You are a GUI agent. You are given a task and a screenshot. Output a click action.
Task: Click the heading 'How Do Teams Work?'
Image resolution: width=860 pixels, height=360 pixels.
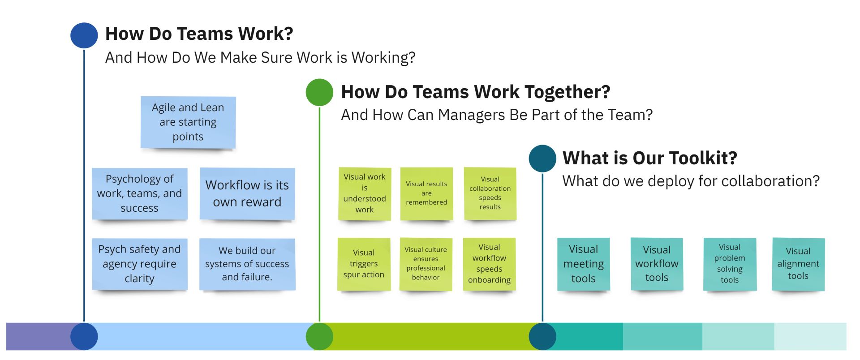coord(199,34)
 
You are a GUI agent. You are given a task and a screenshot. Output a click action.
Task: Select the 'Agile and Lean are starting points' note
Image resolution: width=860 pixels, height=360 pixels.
coord(188,122)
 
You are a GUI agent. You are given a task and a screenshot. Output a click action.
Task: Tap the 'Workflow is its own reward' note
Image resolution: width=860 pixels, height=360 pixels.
coord(247,193)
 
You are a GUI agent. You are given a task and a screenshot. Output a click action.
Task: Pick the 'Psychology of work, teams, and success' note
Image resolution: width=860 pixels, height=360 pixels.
coord(140,193)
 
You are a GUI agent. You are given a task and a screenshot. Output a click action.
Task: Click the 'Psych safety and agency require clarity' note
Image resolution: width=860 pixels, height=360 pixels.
coord(140,264)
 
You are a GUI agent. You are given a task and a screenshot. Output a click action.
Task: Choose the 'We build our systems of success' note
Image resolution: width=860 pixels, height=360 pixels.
coord(247,264)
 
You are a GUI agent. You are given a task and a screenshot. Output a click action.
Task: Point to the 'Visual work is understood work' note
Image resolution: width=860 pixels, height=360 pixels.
coord(365,194)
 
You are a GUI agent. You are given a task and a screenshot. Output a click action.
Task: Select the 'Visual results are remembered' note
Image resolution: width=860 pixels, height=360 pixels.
coord(426,194)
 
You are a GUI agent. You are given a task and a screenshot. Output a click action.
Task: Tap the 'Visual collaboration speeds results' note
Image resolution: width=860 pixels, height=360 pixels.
coord(490,194)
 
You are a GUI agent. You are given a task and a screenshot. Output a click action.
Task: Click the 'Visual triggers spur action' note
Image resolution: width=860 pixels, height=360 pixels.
coord(364,264)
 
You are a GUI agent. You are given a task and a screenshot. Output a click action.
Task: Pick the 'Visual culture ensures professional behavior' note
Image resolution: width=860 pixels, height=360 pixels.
coord(426,264)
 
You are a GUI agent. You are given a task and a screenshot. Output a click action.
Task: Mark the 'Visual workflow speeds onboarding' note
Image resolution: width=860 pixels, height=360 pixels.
coord(490,264)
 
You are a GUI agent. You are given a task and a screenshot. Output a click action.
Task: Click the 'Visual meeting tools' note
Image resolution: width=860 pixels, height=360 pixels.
coord(584,264)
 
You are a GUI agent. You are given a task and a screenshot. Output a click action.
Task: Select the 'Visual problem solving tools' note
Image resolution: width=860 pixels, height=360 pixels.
coord(730,264)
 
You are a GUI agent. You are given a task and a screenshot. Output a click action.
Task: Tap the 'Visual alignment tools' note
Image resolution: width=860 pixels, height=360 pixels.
coord(799,264)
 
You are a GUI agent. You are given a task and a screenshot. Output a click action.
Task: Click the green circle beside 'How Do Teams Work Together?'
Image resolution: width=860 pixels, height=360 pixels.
coord(319,92)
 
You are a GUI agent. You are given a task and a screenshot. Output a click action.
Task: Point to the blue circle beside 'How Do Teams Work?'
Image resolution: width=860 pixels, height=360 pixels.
coord(84,35)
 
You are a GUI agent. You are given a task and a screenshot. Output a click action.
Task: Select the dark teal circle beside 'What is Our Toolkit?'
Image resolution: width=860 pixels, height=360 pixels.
coord(542,159)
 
